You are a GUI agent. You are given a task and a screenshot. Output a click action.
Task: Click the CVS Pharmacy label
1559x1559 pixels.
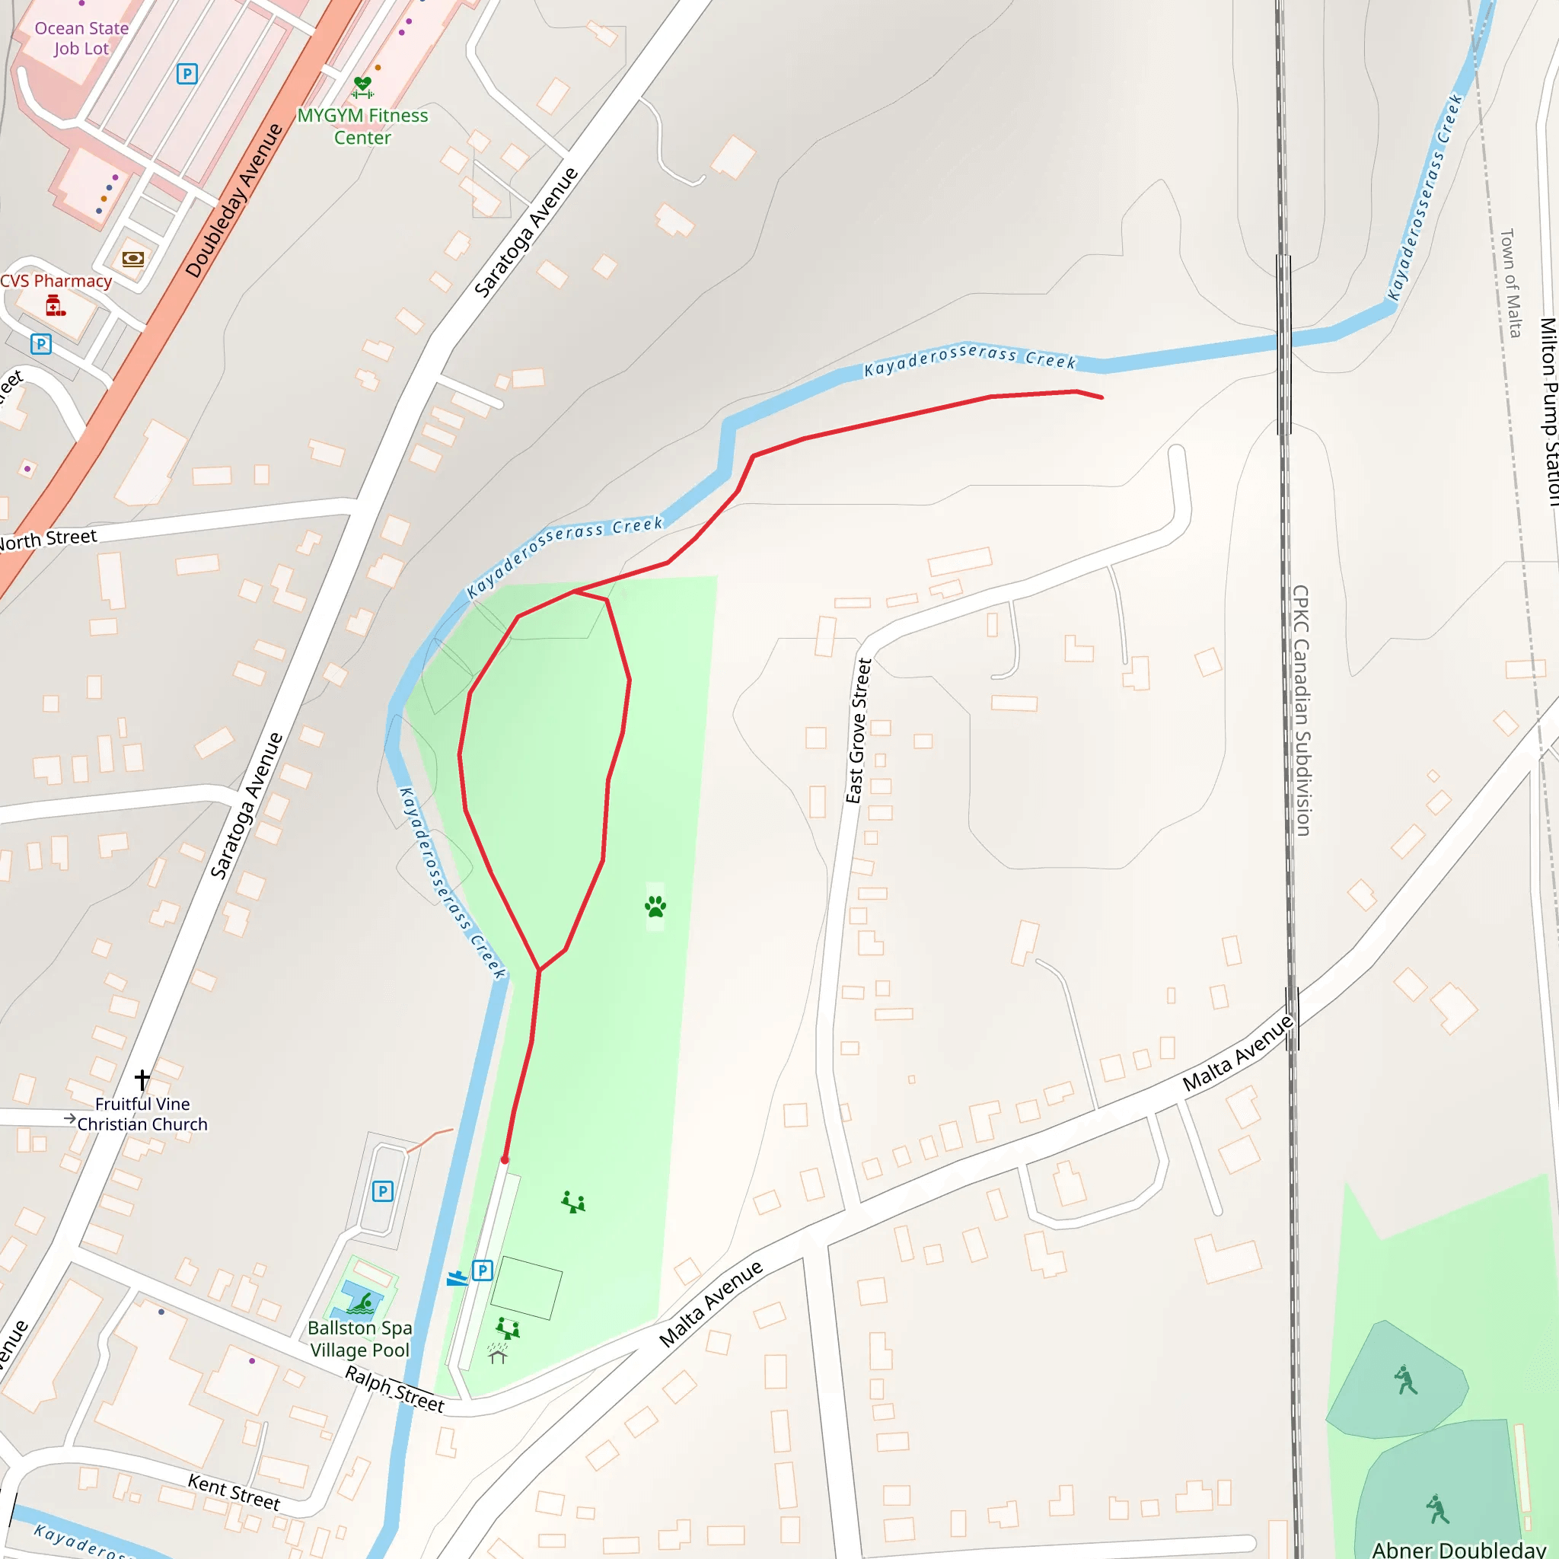56,281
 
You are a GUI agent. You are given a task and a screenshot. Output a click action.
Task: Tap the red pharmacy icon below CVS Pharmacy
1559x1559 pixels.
54,306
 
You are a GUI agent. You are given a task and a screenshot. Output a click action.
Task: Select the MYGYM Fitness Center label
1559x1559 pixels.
362,126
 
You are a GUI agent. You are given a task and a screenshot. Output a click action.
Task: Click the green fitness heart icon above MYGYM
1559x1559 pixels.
362,86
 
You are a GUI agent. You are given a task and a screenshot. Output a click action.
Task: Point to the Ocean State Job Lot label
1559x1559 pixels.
81,38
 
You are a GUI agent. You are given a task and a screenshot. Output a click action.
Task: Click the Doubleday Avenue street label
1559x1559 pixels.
234,200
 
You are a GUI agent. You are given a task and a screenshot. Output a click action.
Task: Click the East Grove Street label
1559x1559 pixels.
859,731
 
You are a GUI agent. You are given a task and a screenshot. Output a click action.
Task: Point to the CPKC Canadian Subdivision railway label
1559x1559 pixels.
1302,710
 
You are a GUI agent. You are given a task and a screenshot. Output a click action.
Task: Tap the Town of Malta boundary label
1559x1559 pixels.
1510,282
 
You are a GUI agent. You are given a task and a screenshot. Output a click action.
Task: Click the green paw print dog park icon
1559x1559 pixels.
655,906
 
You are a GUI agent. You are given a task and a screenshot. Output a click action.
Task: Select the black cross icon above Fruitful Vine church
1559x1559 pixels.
142,1079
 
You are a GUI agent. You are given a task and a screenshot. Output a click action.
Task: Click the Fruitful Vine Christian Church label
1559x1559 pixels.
142,1114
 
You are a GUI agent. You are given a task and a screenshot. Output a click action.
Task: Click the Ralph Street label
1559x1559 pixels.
394,1388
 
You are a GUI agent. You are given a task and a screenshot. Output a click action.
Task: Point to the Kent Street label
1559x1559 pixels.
234,1492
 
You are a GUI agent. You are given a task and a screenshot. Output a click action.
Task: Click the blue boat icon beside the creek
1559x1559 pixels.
457,1277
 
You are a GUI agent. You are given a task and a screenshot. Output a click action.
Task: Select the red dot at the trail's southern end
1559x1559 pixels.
505,1159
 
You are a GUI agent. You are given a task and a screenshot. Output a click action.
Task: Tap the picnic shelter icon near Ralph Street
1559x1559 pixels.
498,1353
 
